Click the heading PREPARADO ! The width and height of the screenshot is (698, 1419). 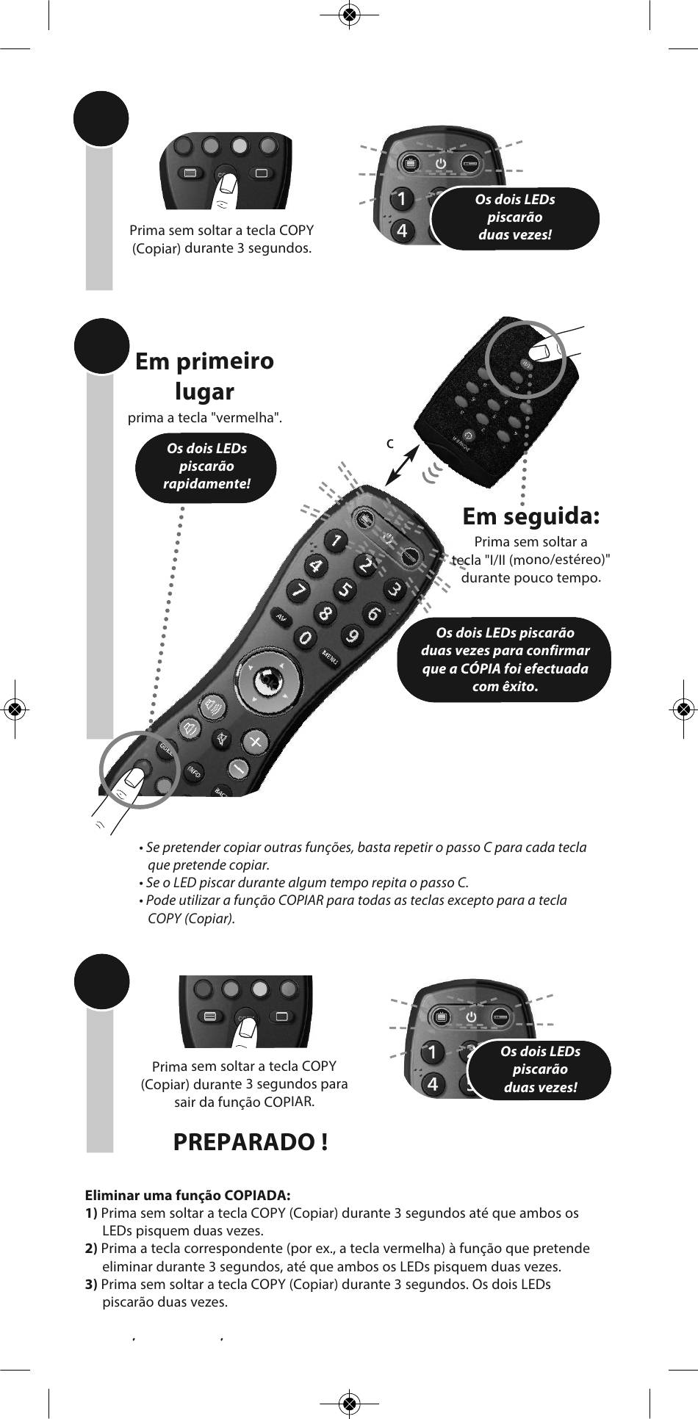pos(251,1142)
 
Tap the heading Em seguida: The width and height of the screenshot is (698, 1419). pos(531,516)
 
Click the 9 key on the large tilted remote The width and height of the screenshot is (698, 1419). pos(353,635)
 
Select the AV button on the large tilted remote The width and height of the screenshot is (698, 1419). pos(280,617)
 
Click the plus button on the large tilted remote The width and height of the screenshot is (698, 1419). pos(255,741)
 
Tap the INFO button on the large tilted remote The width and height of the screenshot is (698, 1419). pos(194,772)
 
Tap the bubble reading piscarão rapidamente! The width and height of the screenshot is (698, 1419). pos(206,466)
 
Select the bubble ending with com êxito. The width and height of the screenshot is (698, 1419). pos(505,660)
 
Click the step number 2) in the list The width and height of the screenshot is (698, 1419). pos(92,1249)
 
